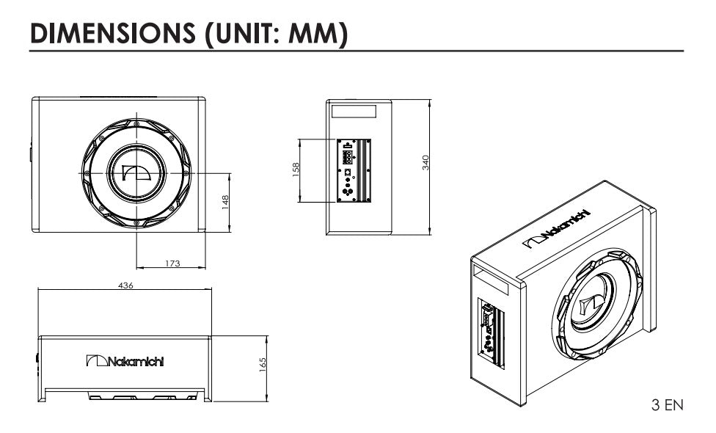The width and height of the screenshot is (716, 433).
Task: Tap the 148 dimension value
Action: (x=226, y=200)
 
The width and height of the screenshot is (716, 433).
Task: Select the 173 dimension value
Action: (x=172, y=263)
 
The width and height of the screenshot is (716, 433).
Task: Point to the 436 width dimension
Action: (x=125, y=285)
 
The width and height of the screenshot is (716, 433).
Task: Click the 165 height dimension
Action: (x=263, y=365)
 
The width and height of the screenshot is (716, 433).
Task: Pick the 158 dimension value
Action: (x=296, y=170)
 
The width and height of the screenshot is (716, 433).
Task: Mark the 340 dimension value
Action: (x=425, y=163)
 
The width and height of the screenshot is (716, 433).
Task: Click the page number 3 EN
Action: (x=667, y=404)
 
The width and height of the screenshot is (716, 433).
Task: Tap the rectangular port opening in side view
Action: (x=354, y=112)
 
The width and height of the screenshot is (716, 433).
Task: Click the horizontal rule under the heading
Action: (x=357, y=51)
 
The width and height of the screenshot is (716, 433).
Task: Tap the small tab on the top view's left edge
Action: (x=31, y=154)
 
